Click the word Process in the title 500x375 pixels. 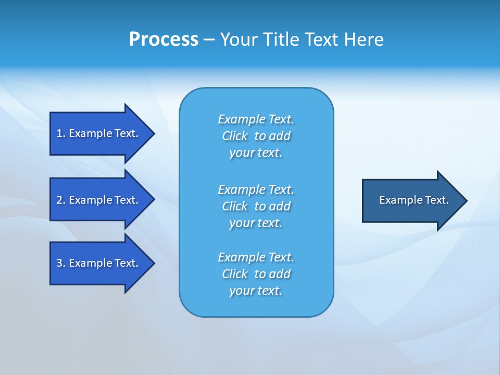164,40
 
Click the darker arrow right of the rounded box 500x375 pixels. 411,201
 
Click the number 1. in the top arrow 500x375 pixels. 60,133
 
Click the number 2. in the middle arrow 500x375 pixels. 60,200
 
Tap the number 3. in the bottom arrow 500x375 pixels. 60,263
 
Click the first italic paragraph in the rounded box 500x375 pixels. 256,136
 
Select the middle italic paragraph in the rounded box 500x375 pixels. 256,206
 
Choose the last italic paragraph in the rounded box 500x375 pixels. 256,274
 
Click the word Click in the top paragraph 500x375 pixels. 235,136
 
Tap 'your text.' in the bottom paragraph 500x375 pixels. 256,291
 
